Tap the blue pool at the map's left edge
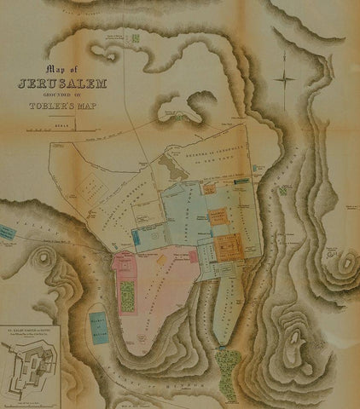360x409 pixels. point(6,233)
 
